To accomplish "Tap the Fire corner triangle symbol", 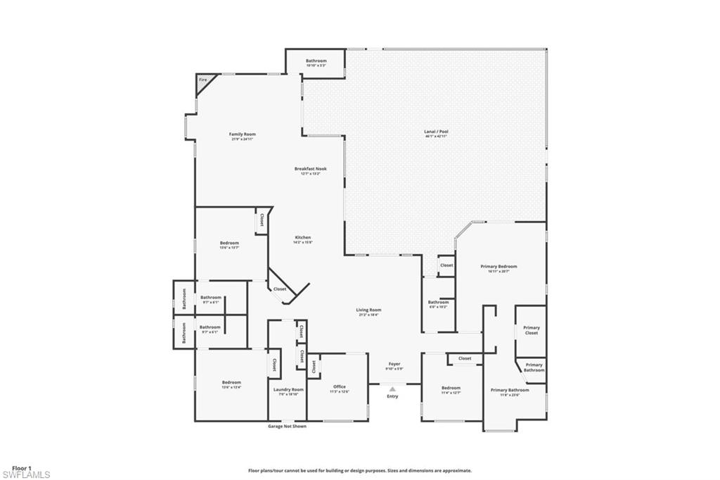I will [203, 82].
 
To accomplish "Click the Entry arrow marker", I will [392, 389].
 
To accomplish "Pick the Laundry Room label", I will [288, 391].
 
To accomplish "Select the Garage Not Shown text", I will [287, 426].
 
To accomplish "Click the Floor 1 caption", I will [21, 467].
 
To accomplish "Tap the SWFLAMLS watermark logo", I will [26, 475].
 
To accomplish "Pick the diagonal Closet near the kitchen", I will [280, 289].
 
